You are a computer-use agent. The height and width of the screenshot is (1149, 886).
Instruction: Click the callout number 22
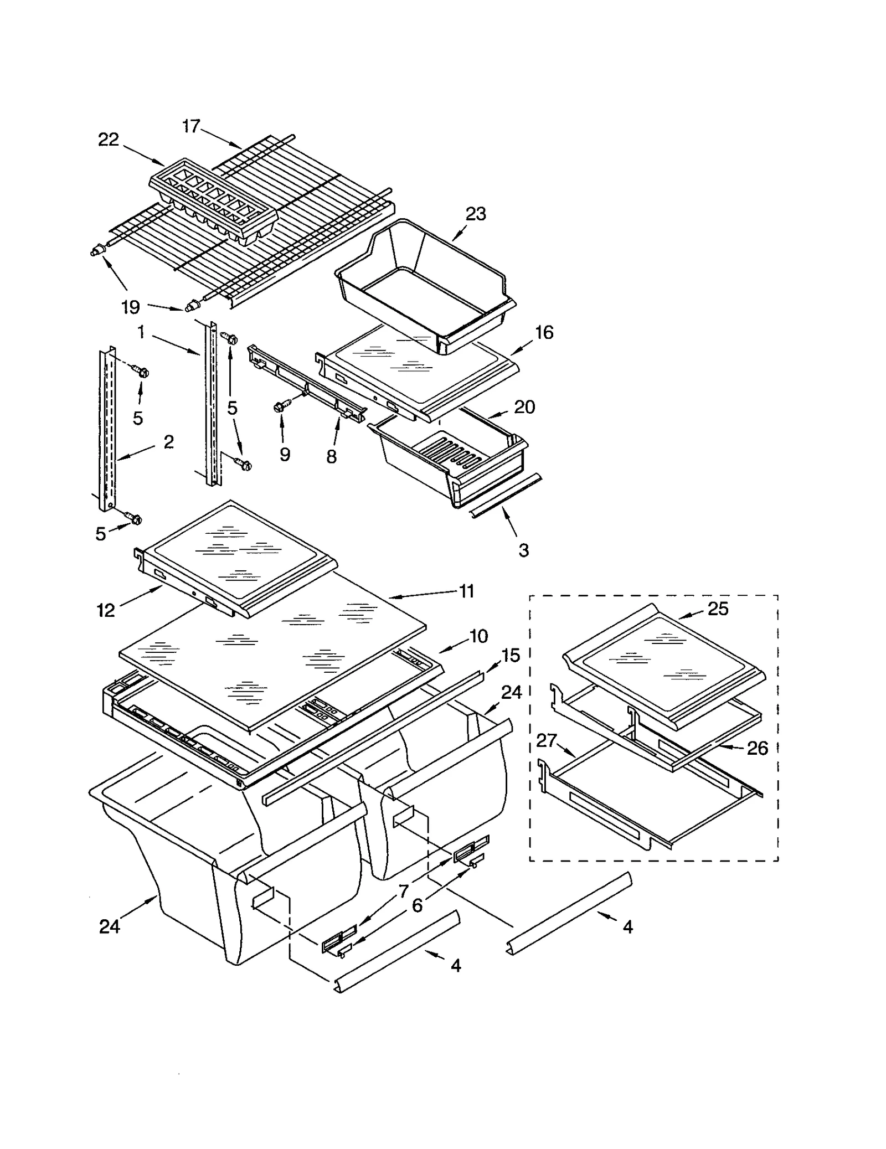point(109,140)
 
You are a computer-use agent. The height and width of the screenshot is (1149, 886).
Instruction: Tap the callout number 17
point(190,126)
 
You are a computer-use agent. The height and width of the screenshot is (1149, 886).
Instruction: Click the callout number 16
point(544,332)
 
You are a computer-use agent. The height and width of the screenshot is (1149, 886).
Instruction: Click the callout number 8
point(331,456)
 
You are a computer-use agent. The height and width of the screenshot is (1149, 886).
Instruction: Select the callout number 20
point(524,407)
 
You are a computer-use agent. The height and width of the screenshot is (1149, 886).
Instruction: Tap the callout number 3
point(523,550)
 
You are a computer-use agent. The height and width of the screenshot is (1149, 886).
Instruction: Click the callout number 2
point(168,441)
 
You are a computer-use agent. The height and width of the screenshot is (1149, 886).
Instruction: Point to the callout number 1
point(141,332)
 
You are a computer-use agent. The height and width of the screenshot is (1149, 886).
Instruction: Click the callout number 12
point(105,610)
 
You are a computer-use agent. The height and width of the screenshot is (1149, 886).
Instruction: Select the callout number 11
point(467,591)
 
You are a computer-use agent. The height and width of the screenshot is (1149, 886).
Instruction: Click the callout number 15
point(511,655)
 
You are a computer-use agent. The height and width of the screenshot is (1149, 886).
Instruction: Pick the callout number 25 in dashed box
point(718,609)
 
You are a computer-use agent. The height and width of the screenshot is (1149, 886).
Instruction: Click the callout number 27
point(547,740)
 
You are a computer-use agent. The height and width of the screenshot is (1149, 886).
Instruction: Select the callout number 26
point(758,748)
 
